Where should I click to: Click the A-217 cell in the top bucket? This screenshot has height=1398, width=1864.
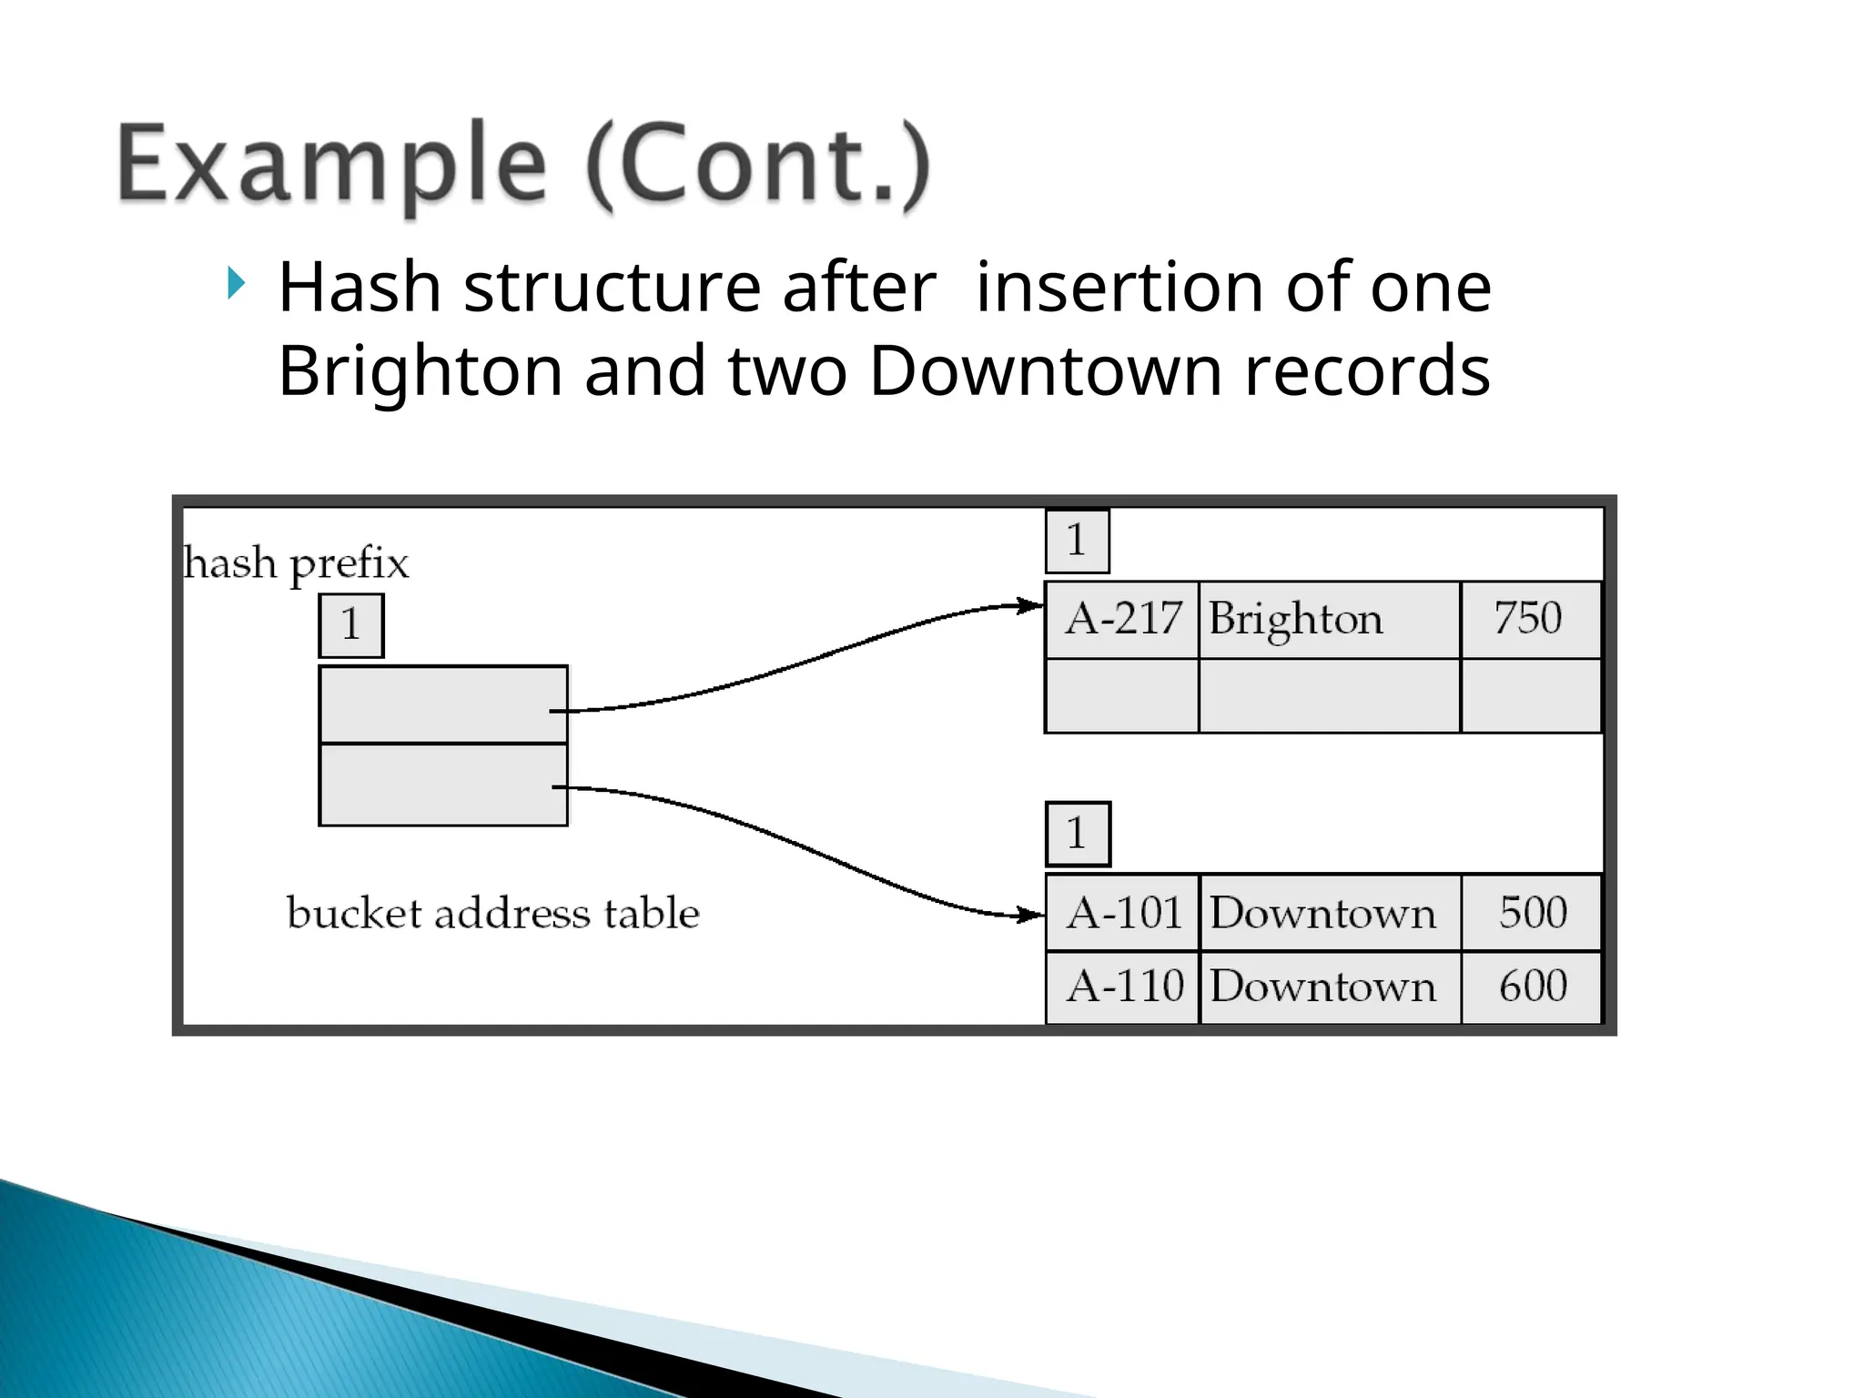coord(1122,620)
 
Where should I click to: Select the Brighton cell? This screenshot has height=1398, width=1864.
coord(1329,620)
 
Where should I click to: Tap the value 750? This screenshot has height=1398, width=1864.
coord(1529,619)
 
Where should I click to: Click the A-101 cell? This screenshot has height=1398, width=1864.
coord(1123,913)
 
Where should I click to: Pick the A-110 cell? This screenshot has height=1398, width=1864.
coord(1123,987)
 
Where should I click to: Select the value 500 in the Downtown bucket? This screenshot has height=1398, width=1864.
coord(1533,913)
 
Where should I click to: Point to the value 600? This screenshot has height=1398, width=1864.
coord(1533,987)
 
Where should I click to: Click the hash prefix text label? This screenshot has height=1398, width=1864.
coord(296,563)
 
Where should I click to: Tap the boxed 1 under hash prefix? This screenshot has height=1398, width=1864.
coord(351,625)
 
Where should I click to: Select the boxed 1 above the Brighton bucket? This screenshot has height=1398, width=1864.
coord(1078,541)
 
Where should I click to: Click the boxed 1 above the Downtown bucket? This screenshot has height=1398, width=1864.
coord(1078,834)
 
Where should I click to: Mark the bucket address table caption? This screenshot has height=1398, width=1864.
coord(492,913)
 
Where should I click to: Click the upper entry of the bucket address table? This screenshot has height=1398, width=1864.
coord(443,704)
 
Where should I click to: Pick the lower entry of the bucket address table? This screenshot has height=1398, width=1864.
coord(443,785)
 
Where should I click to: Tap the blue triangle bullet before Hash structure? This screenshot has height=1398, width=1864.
coord(237,285)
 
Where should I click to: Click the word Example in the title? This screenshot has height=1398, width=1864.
coord(332,165)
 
